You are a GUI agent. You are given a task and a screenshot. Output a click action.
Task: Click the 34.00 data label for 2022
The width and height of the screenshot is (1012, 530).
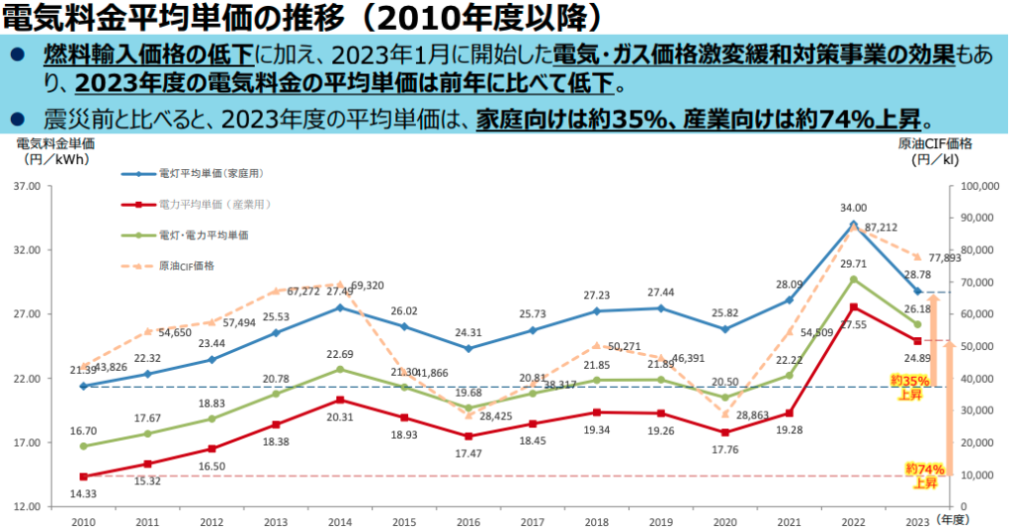tap(853, 208)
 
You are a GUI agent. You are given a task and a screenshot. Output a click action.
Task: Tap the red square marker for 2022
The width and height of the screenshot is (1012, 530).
tap(853, 307)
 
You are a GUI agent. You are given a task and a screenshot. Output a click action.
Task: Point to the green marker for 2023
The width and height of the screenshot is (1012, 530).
tap(917, 324)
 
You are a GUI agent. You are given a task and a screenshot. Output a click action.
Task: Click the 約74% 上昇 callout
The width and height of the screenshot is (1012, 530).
tap(925, 476)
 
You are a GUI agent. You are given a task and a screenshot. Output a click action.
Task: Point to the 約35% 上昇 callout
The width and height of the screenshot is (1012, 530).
tap(909, 387)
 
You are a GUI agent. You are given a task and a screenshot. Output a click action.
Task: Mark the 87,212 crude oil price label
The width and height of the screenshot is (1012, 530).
tap(881, 227)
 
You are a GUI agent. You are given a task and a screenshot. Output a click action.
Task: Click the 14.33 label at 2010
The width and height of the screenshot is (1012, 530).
tap(83, 492)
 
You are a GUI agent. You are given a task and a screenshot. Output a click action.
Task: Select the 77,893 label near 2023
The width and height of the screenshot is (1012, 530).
tap(946, 258)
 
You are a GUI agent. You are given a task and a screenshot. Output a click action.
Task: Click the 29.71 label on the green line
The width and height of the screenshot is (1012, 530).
tap(853, 264)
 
